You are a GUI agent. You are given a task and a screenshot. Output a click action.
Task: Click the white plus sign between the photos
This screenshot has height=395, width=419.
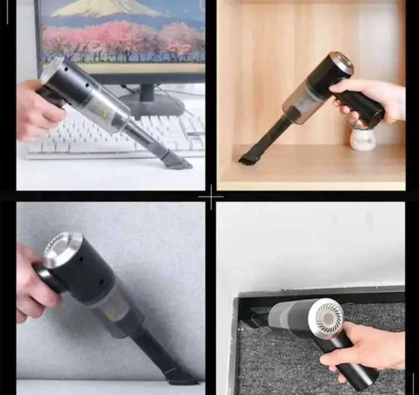(210, 198)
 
